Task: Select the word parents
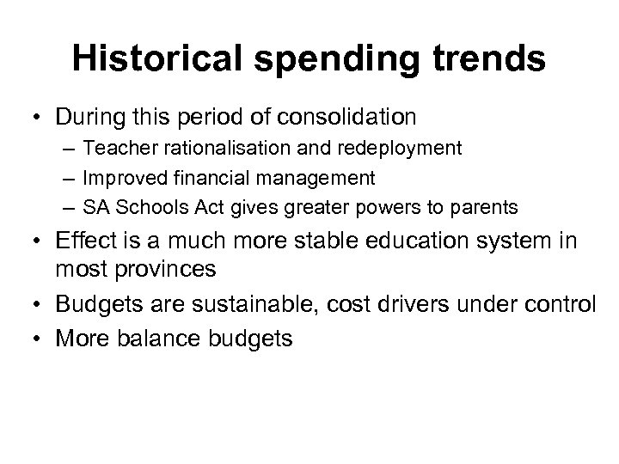coord(481,208)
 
